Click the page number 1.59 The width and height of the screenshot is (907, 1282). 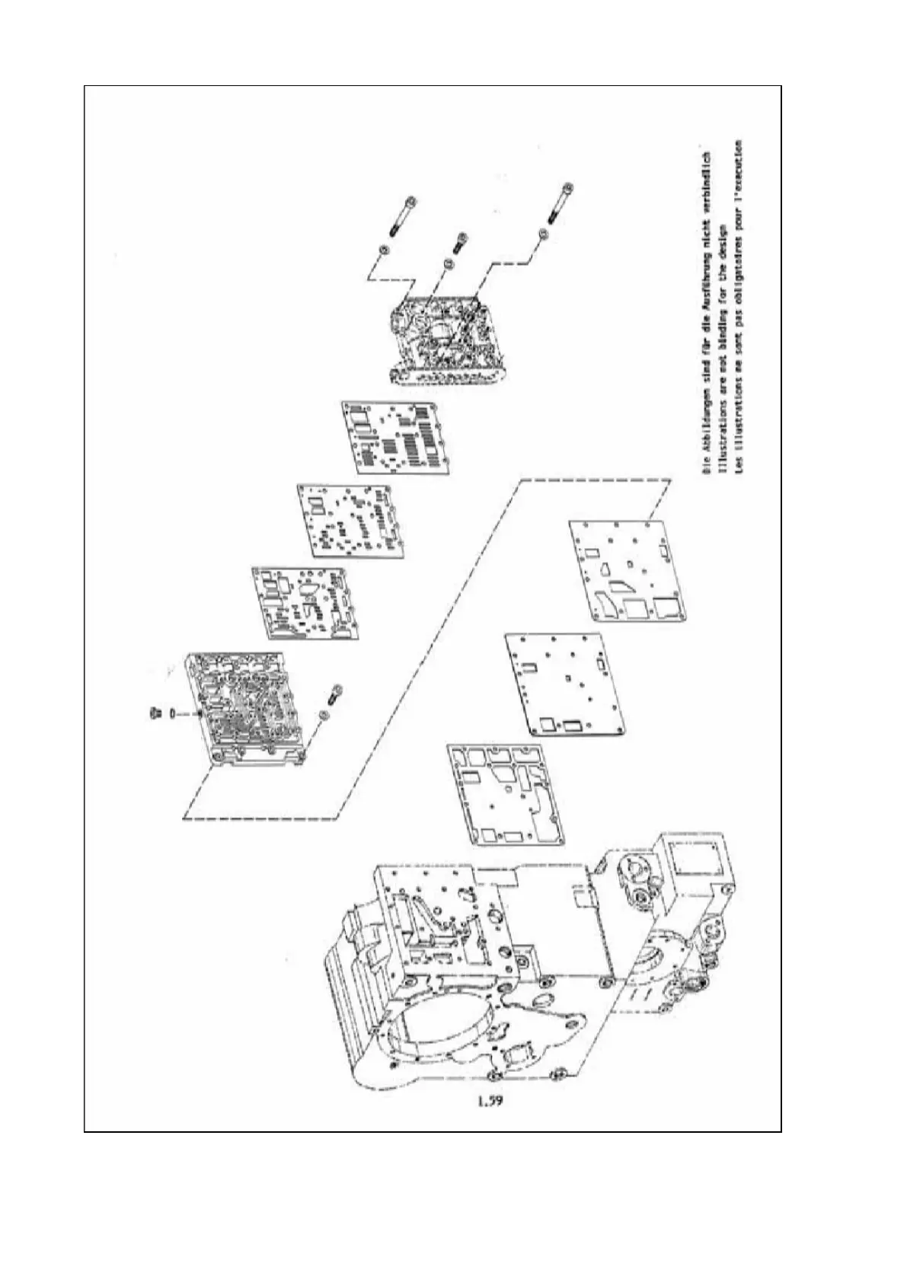click(x=492, y=1102)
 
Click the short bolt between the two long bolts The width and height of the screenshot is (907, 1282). click(x=458, y=243)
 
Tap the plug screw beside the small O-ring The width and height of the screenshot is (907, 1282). click(x=153, y=712)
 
